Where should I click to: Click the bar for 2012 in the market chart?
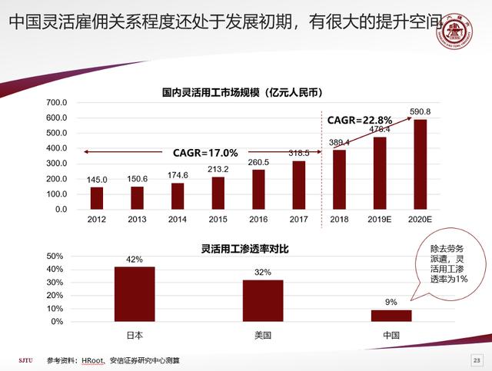point(96,198)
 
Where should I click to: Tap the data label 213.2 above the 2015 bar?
point(218,169)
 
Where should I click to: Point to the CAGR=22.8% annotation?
point(360,120)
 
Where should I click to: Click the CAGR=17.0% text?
point(205,152)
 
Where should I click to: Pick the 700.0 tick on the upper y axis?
point(57,103)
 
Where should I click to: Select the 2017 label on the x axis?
point(299,220)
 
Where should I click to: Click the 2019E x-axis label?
point(380,220)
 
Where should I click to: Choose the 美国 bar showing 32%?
point(263,300)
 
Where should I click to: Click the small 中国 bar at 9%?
point(391,315)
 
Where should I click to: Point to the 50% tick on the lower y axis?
point(55,256)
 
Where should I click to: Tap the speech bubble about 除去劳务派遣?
point(448,264)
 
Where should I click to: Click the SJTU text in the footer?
point(27,360)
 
